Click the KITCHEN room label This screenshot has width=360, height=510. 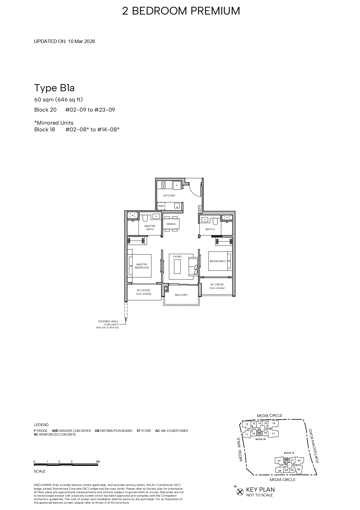point(169,196)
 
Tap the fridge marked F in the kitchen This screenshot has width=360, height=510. point(177,185)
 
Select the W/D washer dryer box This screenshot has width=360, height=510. point(161,206)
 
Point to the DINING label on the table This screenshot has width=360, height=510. point(171,224)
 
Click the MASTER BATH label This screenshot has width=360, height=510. point(150,228)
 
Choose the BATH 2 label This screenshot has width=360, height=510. point(210,229)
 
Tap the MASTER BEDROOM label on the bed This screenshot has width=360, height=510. point(142,266)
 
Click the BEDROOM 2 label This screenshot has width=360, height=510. point(218,261)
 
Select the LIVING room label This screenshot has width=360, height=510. point(177,257)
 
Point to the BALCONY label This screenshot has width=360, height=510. point(181,295)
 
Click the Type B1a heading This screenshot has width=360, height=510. point(54,88)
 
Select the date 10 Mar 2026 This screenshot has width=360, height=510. point(82,41)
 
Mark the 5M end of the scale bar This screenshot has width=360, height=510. point(98,462)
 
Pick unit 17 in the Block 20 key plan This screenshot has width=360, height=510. point(273,434)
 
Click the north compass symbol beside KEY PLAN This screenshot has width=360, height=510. point(240,492)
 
